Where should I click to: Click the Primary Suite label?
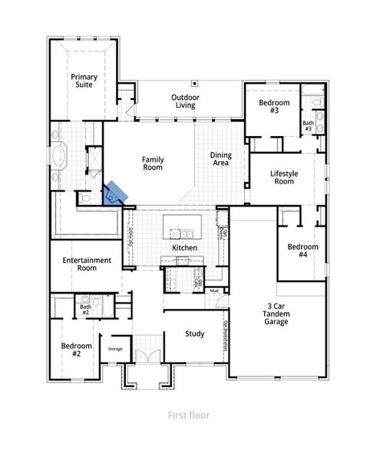(x=84, y=81)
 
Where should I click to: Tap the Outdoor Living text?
(x=185, y=101)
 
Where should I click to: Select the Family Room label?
(x=153, y=164)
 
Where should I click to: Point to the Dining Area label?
(x=221, y=159)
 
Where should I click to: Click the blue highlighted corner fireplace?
(x=115, y=194)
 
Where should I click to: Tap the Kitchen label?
(x=184, y=248)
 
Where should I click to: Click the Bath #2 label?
(x=86, y=311)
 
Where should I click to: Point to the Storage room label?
(x=115, y=349)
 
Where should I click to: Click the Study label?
(x=194, y=334)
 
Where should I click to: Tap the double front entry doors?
(x=145, y=357)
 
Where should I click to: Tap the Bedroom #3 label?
(x=273, y=108)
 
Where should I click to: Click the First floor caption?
(x=189, y=415)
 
